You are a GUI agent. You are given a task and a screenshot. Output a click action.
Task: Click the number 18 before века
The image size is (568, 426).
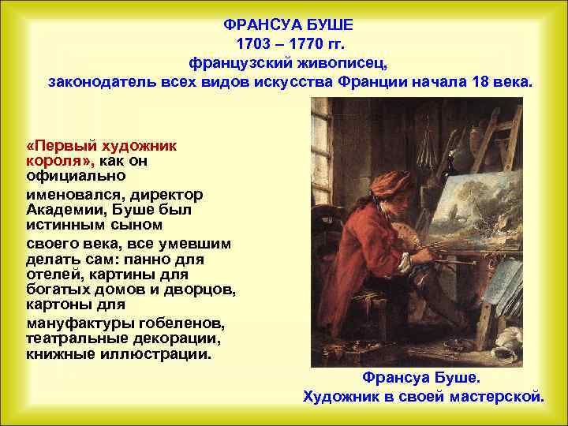(482, 81)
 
